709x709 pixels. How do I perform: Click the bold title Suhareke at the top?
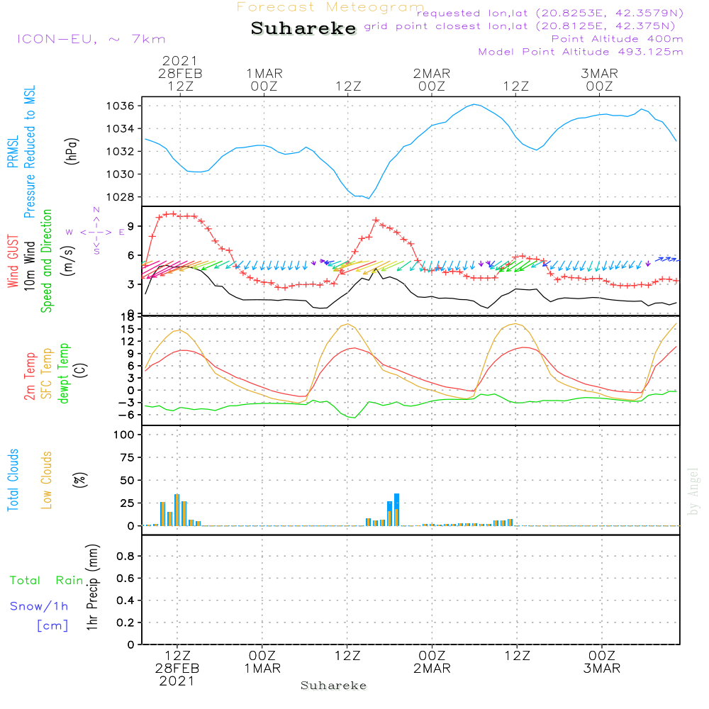pyautogui.click(x=303, y=29)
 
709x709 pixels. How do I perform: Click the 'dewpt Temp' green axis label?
pyautogui.click(x=64, y=374)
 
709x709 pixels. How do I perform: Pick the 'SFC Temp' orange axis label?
pyautogui.click(x=47, y=374)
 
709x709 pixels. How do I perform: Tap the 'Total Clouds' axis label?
pyautogui.click(x=13, y=480)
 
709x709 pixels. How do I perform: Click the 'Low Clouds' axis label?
pyautogui.click(x=47, y=480)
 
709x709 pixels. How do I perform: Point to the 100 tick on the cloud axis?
pyautogui.click(x=125, y=434)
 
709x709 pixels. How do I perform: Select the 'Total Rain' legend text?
pyautogui.click(x=47, y=581)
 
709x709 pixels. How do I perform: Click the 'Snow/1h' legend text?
pyautogui.click(x=40, y=606)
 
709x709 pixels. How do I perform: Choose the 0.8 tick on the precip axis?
pyautogui.click(x=125, y=556)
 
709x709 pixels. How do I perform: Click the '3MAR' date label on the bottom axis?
pyautogui.click(x=602, y=669)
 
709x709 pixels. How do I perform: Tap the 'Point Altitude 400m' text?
pyautogui.click(x=617, y=39)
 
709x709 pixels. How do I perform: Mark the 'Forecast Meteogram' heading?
pyautogui.click(x=330, y=7)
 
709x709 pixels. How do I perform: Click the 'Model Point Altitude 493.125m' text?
pyautogui.click(x=581, y=52)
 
